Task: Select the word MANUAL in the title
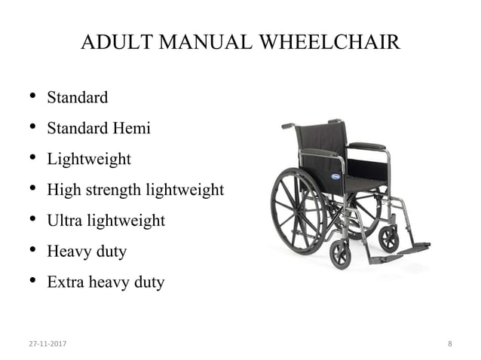pyautogui.click(x=202, y=43)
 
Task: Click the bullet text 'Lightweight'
pyautogui.click(x=88, y=160)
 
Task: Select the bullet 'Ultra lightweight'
pyautogui.click(x=106, y=221)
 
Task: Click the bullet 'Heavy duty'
pyautogui.click(x=86, y=252)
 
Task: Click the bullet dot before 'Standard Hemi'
pyautogui.click(x=32, y=127)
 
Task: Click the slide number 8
pyautogui.click(x=450, y=344)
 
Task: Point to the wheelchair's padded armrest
pyautogui.click(x=367, y=146)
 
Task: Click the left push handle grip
pyautogui.click(x=288, y=126)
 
